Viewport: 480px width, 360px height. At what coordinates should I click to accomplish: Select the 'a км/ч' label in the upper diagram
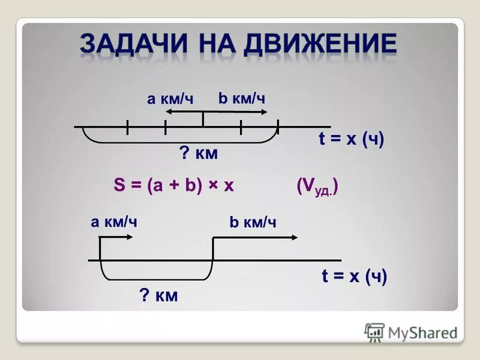pos(170,100)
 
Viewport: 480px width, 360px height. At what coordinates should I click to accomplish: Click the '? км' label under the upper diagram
pos(199,154)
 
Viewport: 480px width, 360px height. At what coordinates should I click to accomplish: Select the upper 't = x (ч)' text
pos(351,139)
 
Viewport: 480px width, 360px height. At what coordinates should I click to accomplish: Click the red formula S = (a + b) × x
pos(173,186)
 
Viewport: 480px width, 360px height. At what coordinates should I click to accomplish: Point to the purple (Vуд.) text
pos(317,186)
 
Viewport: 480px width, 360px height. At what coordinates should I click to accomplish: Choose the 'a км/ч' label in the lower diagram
pos(114,222)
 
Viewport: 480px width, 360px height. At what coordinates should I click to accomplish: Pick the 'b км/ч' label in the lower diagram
pos(253,223)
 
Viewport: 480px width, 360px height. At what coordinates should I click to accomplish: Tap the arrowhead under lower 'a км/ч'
pos(130,237)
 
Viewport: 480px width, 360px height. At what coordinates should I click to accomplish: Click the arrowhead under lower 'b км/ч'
pos(294,237)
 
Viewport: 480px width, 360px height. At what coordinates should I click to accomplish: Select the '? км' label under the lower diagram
pos(158,295)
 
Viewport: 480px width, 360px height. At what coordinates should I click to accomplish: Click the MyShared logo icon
pos(374,332)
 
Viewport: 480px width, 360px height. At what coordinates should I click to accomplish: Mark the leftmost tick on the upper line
pos(127,127)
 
